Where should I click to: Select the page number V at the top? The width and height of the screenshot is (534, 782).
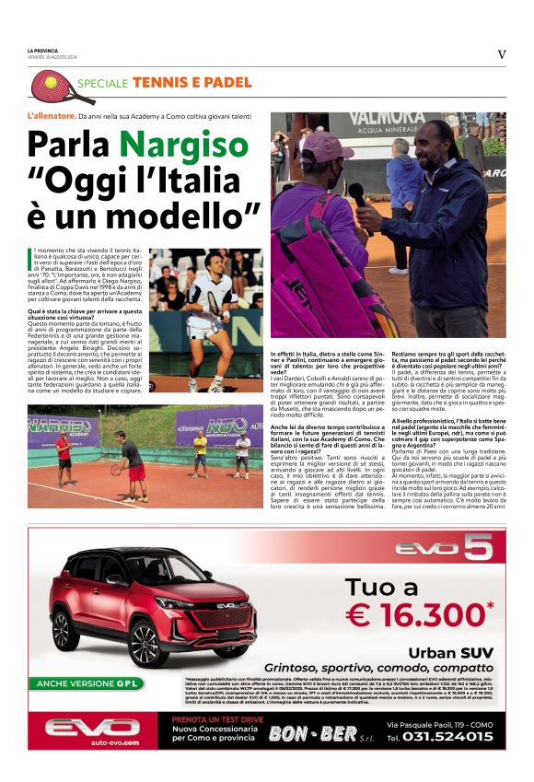pyautogui.click(x=501, y=54)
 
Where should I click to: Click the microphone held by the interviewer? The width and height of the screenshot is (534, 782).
pyautogui.click(x=356, y=193)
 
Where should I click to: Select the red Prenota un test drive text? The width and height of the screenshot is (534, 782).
pyautogui.click(x=216, y=718)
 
